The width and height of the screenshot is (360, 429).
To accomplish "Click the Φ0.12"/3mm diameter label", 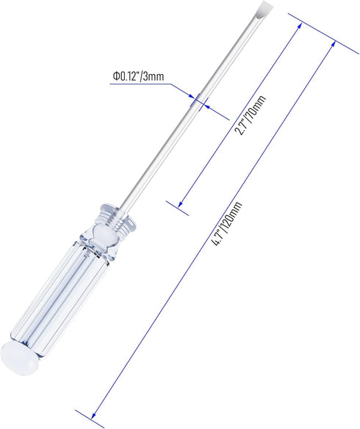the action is pos(138,76).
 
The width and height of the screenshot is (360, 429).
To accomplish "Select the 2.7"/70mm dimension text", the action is pos(251,115).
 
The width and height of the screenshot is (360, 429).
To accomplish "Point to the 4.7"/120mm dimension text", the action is pos(228,224).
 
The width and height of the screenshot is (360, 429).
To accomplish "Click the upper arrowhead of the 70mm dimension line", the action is pos(300,26).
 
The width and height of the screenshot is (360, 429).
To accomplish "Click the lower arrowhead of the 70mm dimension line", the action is pos(181,204).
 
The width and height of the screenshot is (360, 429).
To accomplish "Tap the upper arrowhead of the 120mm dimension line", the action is pos(333,44).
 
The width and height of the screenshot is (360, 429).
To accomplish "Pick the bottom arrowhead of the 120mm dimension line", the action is pos(93,415).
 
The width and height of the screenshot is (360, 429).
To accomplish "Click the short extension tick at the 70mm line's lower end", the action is pos(177,208).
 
